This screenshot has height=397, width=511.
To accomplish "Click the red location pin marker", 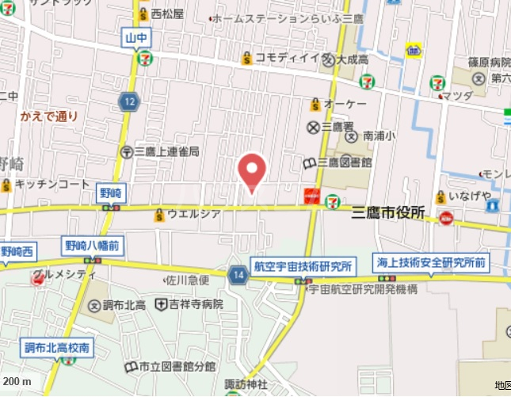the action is [x=252, y=171].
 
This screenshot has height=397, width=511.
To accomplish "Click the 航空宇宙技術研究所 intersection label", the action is [x=302, y=265].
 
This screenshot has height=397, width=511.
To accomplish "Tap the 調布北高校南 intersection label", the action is [x=56, y=347].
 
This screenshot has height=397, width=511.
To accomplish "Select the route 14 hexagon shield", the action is [x=237, y=275].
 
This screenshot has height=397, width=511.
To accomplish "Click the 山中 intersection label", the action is [x=135, y=36].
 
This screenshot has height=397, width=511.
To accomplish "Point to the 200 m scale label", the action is [x=17, y=382].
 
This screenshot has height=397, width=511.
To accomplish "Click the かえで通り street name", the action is [x=49, y=116].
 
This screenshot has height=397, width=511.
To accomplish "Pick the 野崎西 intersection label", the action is [x=17, y=252].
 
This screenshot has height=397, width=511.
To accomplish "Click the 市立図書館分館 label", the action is [x=177, y=366].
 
